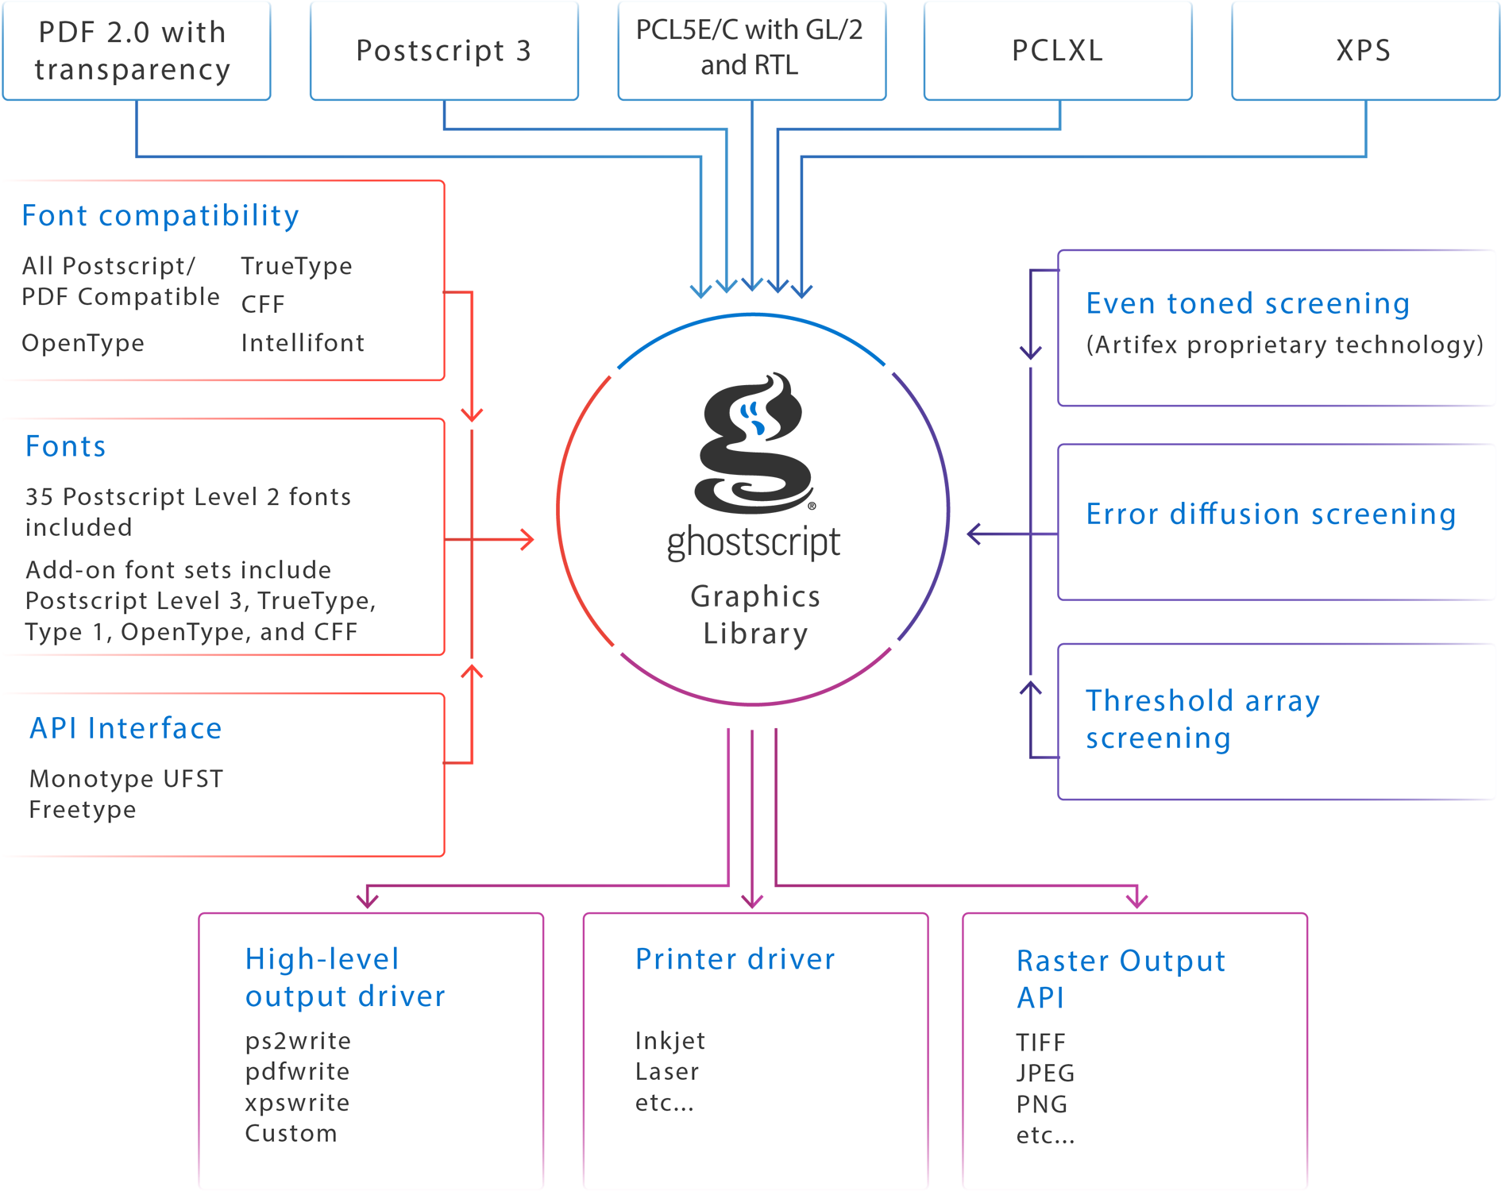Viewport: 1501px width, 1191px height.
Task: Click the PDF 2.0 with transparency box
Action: pos(136,50)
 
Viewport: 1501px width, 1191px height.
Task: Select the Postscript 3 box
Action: pos(443,50)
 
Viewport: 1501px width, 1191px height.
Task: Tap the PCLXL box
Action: pos(1057,50)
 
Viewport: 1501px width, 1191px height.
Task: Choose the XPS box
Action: pos(1364,50)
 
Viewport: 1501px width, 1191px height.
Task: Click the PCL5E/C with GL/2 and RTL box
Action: pos(750,48)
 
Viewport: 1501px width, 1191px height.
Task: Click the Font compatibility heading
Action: pos(160,215)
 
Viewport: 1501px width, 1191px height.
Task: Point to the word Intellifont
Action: pos(303,343)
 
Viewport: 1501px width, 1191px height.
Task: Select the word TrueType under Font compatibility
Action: pos(296,266)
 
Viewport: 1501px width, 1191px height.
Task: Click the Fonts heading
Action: pos(66,446)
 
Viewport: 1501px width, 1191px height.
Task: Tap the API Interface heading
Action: pos(125,728)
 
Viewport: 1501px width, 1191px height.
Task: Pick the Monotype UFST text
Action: pos(126,779)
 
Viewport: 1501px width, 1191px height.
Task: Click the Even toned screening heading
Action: pos(1248,303)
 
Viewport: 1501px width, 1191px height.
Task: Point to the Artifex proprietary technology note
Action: pos(1284,345)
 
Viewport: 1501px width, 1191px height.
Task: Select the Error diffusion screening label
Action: pos(1271,514)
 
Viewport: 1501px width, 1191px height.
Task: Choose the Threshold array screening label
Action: pos(1202,719)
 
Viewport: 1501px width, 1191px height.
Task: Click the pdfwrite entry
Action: pos(297,1072)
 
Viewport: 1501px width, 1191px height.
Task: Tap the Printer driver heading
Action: pos(735,959)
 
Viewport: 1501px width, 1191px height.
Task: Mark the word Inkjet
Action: pos(670,1041)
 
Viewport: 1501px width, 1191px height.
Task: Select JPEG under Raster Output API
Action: pos(1045,1073)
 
